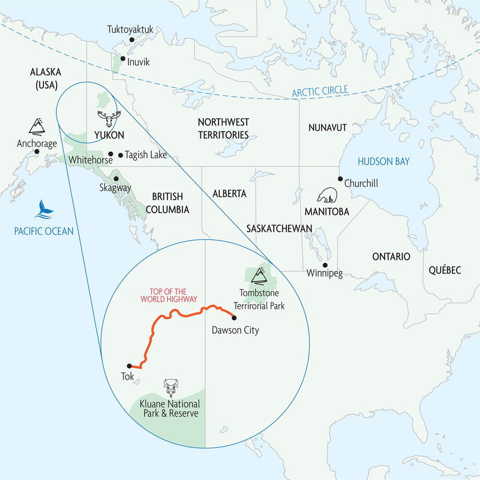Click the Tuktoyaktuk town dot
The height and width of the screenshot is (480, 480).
(131, 40)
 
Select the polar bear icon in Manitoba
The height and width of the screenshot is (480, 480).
(328, 196)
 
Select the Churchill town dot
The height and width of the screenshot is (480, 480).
(340, 179)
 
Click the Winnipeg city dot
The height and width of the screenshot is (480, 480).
(325, 265)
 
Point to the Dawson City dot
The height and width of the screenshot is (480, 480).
(233, 317)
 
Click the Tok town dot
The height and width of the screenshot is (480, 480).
(129, 365)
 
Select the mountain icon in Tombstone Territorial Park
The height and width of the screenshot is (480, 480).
(259, 275)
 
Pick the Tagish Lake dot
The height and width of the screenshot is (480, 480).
(121, 155)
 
